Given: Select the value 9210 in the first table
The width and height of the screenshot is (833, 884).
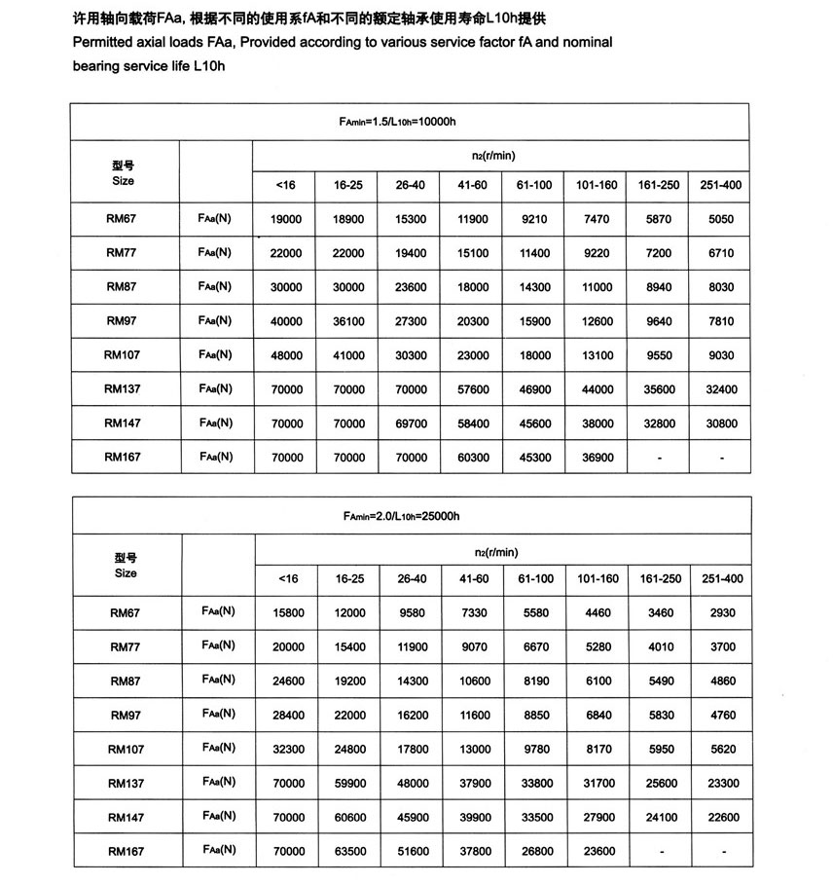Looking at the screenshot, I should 534,220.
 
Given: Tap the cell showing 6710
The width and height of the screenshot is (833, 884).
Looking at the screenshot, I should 720,253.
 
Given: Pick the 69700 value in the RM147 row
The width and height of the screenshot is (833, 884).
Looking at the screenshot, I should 412,424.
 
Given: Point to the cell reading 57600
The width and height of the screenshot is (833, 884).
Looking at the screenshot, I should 473,389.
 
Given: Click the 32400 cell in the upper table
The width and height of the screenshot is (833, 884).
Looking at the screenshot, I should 720,389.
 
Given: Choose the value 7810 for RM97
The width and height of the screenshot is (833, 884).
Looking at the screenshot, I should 720,321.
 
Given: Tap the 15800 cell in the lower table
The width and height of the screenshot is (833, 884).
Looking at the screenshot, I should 289,613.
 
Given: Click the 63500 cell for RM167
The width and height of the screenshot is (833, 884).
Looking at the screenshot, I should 350,852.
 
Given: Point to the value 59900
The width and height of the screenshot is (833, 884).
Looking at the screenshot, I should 350,783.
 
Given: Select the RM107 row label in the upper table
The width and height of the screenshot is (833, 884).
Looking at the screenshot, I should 123,355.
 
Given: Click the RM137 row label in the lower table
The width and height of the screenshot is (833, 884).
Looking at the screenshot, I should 127,783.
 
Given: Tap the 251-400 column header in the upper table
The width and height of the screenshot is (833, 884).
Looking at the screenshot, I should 720,185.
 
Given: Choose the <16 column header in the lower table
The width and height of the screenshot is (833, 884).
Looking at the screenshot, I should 289,579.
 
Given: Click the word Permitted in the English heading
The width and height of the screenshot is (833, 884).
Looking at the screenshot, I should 101,44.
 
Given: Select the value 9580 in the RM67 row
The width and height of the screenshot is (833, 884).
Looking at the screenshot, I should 413,613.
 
